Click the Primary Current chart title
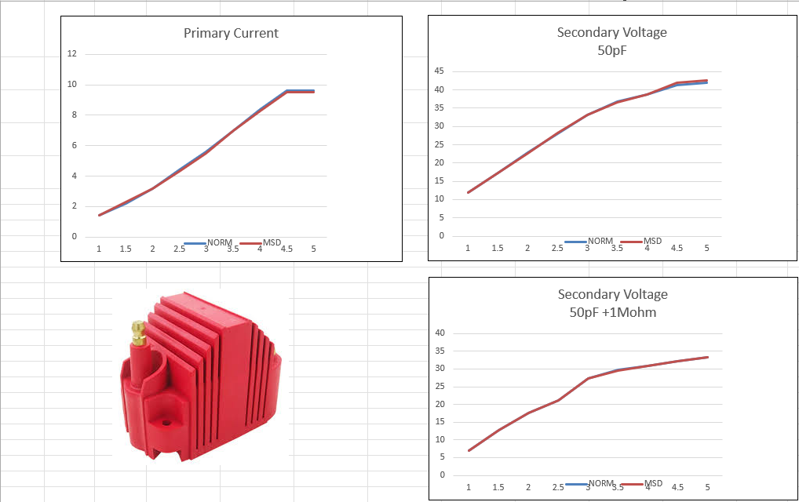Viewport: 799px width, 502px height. pos(231,33)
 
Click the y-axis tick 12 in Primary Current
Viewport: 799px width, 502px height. pos(72,54)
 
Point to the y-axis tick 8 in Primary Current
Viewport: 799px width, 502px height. pos(75,115)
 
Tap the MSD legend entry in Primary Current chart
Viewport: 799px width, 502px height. pos(272,242)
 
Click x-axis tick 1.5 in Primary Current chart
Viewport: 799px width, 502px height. pos(126,249)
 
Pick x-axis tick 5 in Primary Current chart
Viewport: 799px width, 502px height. pos(313,249)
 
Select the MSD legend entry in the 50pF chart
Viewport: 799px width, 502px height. pos(652,241)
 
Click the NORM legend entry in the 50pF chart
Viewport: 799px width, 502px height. pos(600,241)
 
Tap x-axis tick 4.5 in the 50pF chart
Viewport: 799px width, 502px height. pos(677,249)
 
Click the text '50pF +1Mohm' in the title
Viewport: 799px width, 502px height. pos(612,312)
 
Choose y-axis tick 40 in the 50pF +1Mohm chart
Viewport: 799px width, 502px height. pos(440,333)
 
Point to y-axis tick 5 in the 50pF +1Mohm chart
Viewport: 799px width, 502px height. pos(443,457)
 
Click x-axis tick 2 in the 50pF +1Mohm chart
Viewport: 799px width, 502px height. pos(528,487)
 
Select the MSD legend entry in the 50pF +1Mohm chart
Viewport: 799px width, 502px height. pos(653,483)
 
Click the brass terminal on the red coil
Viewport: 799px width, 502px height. pos(139,332)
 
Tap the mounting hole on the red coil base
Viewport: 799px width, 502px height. pos(166,422)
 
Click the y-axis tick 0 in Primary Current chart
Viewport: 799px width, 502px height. pos(75,236)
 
